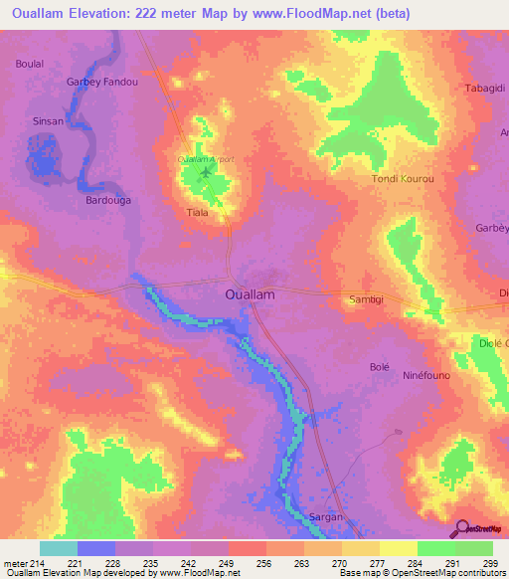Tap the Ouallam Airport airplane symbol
207,174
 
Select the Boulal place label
29,64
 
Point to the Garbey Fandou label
101,83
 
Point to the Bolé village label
379,367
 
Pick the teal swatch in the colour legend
59,548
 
